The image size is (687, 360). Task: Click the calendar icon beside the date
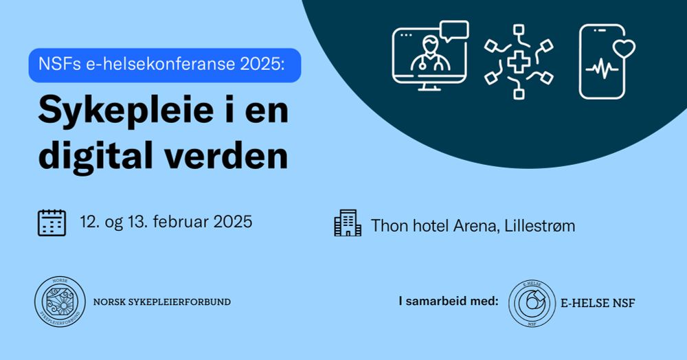tap(52, 223)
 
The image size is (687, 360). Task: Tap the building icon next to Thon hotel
tap(348, 223)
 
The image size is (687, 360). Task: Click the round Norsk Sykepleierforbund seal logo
tap(60, 302)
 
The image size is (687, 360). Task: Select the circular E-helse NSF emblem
tap(532, 303)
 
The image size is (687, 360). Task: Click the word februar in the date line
tap(181, 222)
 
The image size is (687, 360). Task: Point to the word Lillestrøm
tap(540, 226)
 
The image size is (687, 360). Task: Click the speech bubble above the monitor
tap(454, 31)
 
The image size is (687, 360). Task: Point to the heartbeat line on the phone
tap(602, 69)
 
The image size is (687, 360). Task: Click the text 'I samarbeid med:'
tap(449, 302)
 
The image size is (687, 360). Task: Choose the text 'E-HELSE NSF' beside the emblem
tap(598, 303)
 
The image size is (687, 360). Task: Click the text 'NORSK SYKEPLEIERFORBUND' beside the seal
tap(162, 302)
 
